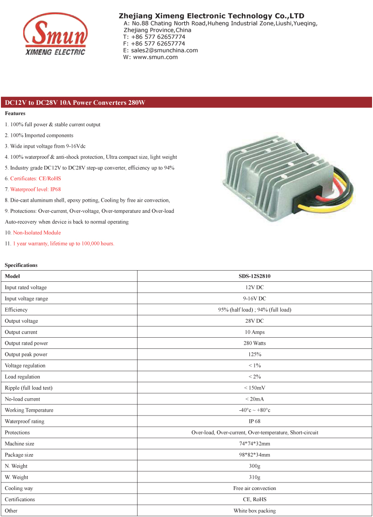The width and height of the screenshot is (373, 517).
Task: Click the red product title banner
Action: (186, 102)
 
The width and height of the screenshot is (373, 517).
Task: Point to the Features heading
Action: (15, 114)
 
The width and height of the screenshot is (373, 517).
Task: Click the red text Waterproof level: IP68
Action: (33, 190)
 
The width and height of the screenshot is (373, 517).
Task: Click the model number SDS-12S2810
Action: (255, 276)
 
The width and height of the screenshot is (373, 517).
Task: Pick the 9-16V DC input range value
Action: (255, 299)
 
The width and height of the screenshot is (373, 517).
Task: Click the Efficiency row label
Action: (16, 310)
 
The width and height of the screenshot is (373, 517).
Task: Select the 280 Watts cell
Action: (255, 343)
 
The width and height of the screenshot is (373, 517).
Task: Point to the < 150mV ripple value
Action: (255, 388)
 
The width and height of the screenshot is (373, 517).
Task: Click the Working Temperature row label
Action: (29, 410)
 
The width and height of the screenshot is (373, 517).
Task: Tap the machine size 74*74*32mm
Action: (255, 444)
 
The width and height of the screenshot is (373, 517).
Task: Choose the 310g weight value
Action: (255, 477)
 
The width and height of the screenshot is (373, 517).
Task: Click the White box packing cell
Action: (255, 511)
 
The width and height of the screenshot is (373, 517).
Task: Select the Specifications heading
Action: (21, 265)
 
